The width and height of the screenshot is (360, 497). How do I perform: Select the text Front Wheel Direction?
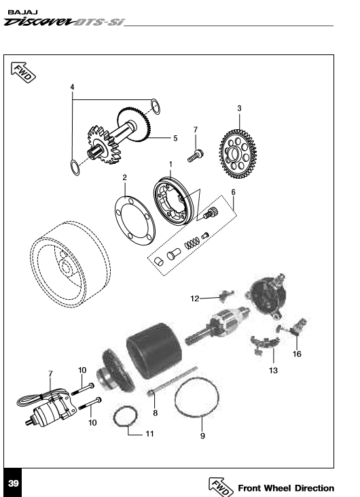[x=285, y=488]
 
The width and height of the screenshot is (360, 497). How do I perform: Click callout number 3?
[x=239, y=108]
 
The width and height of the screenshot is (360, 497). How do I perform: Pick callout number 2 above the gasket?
[x=125, y=177]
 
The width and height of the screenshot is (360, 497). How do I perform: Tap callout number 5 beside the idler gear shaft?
[x=175, y=138]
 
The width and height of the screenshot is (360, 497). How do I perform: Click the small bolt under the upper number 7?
[x=194, y=156]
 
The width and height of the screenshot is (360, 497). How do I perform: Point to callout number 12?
[x=194, y=298]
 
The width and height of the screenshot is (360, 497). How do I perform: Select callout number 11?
[x=149, y=433]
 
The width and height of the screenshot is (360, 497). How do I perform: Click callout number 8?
[x=155, y=412]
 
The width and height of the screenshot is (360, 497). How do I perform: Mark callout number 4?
[x=73, y=87]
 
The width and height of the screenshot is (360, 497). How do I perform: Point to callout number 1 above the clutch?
[x=170, y=164]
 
